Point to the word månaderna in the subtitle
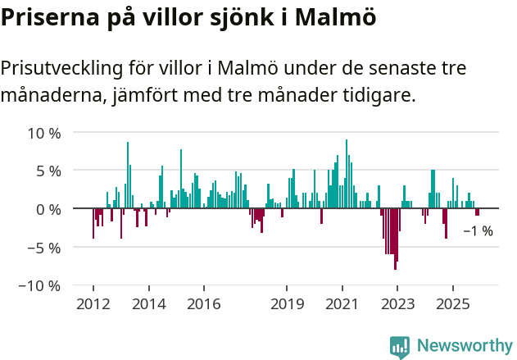click(51, 96)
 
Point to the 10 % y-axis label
click(44, 133)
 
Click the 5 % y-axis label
click(48, 171)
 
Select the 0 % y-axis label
click(48, 209)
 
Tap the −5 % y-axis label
click(44, 248)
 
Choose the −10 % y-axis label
click(40, 285)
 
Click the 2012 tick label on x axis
click(93, 304)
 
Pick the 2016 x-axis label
click(203, 304)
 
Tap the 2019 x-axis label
click(287, 304)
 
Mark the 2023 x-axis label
click(397, 304)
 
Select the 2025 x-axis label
click(452, 304)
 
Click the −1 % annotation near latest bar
click(478, 231)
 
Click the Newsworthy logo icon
click(400, 347)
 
